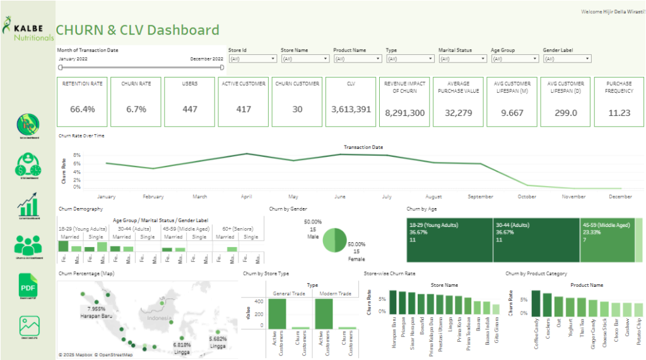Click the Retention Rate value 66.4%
click(x=83, y=109)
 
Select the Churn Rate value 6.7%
click(x=136, y=109)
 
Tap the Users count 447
click(x=189, y=109)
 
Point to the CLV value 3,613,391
click(x=351, y=109)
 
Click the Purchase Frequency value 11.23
click(x=619, y=112)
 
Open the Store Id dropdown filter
click(x=252, y=59)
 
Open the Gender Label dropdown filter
click(x=567, y=59)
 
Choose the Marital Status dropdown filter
click(x=462, y=59)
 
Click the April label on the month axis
click(x=247, y=197)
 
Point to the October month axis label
click(x=527, y=197)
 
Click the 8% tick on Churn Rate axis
click(x=77, y=155)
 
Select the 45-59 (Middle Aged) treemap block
click(x=606, y=240)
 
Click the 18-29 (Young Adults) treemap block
click(x=449, y=240)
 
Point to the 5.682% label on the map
click(x=218, y=339)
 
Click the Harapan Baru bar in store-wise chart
click(x=393, y=303)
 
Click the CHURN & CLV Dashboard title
click(x=138, y=30)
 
